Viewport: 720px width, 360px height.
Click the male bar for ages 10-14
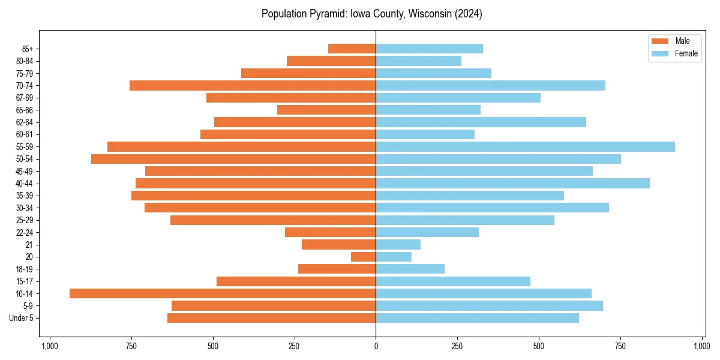pos(223,293)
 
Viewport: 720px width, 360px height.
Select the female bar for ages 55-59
pos(525,146)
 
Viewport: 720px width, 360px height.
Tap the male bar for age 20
pos(363,257)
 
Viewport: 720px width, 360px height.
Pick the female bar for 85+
pos(429,49)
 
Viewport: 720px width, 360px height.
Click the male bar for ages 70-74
pos(253,85)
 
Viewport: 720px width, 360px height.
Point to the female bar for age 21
pos(398,244)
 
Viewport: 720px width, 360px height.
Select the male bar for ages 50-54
pos(233,159)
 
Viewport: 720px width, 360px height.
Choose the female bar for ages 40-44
pos(512,183)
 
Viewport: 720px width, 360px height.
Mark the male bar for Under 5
pos(271,318)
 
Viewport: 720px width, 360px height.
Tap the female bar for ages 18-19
pos(410,269)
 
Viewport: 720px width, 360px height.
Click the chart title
pos(372,14)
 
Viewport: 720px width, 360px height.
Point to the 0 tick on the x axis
pos(376,346)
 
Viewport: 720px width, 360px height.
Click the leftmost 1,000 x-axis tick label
pos(49,346)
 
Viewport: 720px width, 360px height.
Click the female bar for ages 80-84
pos(418,61)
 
